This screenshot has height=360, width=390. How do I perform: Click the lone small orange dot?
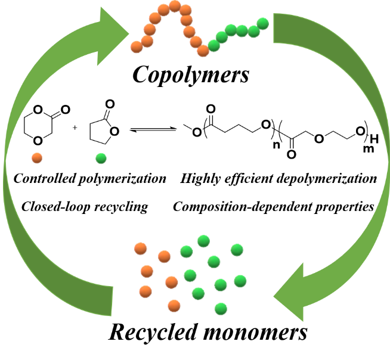point(37,158)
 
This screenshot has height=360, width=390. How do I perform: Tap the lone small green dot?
point(101,158)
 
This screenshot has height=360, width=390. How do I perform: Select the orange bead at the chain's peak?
point(175,6)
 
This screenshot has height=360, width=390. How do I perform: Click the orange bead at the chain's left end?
point(137,46)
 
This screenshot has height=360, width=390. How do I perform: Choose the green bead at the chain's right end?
point(262,23)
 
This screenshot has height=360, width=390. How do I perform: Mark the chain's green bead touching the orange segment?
point(214,45)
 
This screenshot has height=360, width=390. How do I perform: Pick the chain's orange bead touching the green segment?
point(203,51)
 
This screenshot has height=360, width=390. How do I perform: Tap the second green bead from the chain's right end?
point(253,31)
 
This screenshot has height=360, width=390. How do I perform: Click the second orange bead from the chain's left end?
point(147,41)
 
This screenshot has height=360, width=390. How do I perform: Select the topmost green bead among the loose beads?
point(203,241)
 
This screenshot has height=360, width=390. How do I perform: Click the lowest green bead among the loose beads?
point(221,308)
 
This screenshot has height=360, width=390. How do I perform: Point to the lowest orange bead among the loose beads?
point(174,306)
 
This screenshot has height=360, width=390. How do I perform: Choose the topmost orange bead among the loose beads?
point(141,249)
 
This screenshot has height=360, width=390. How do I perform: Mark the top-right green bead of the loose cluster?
point(237,250)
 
